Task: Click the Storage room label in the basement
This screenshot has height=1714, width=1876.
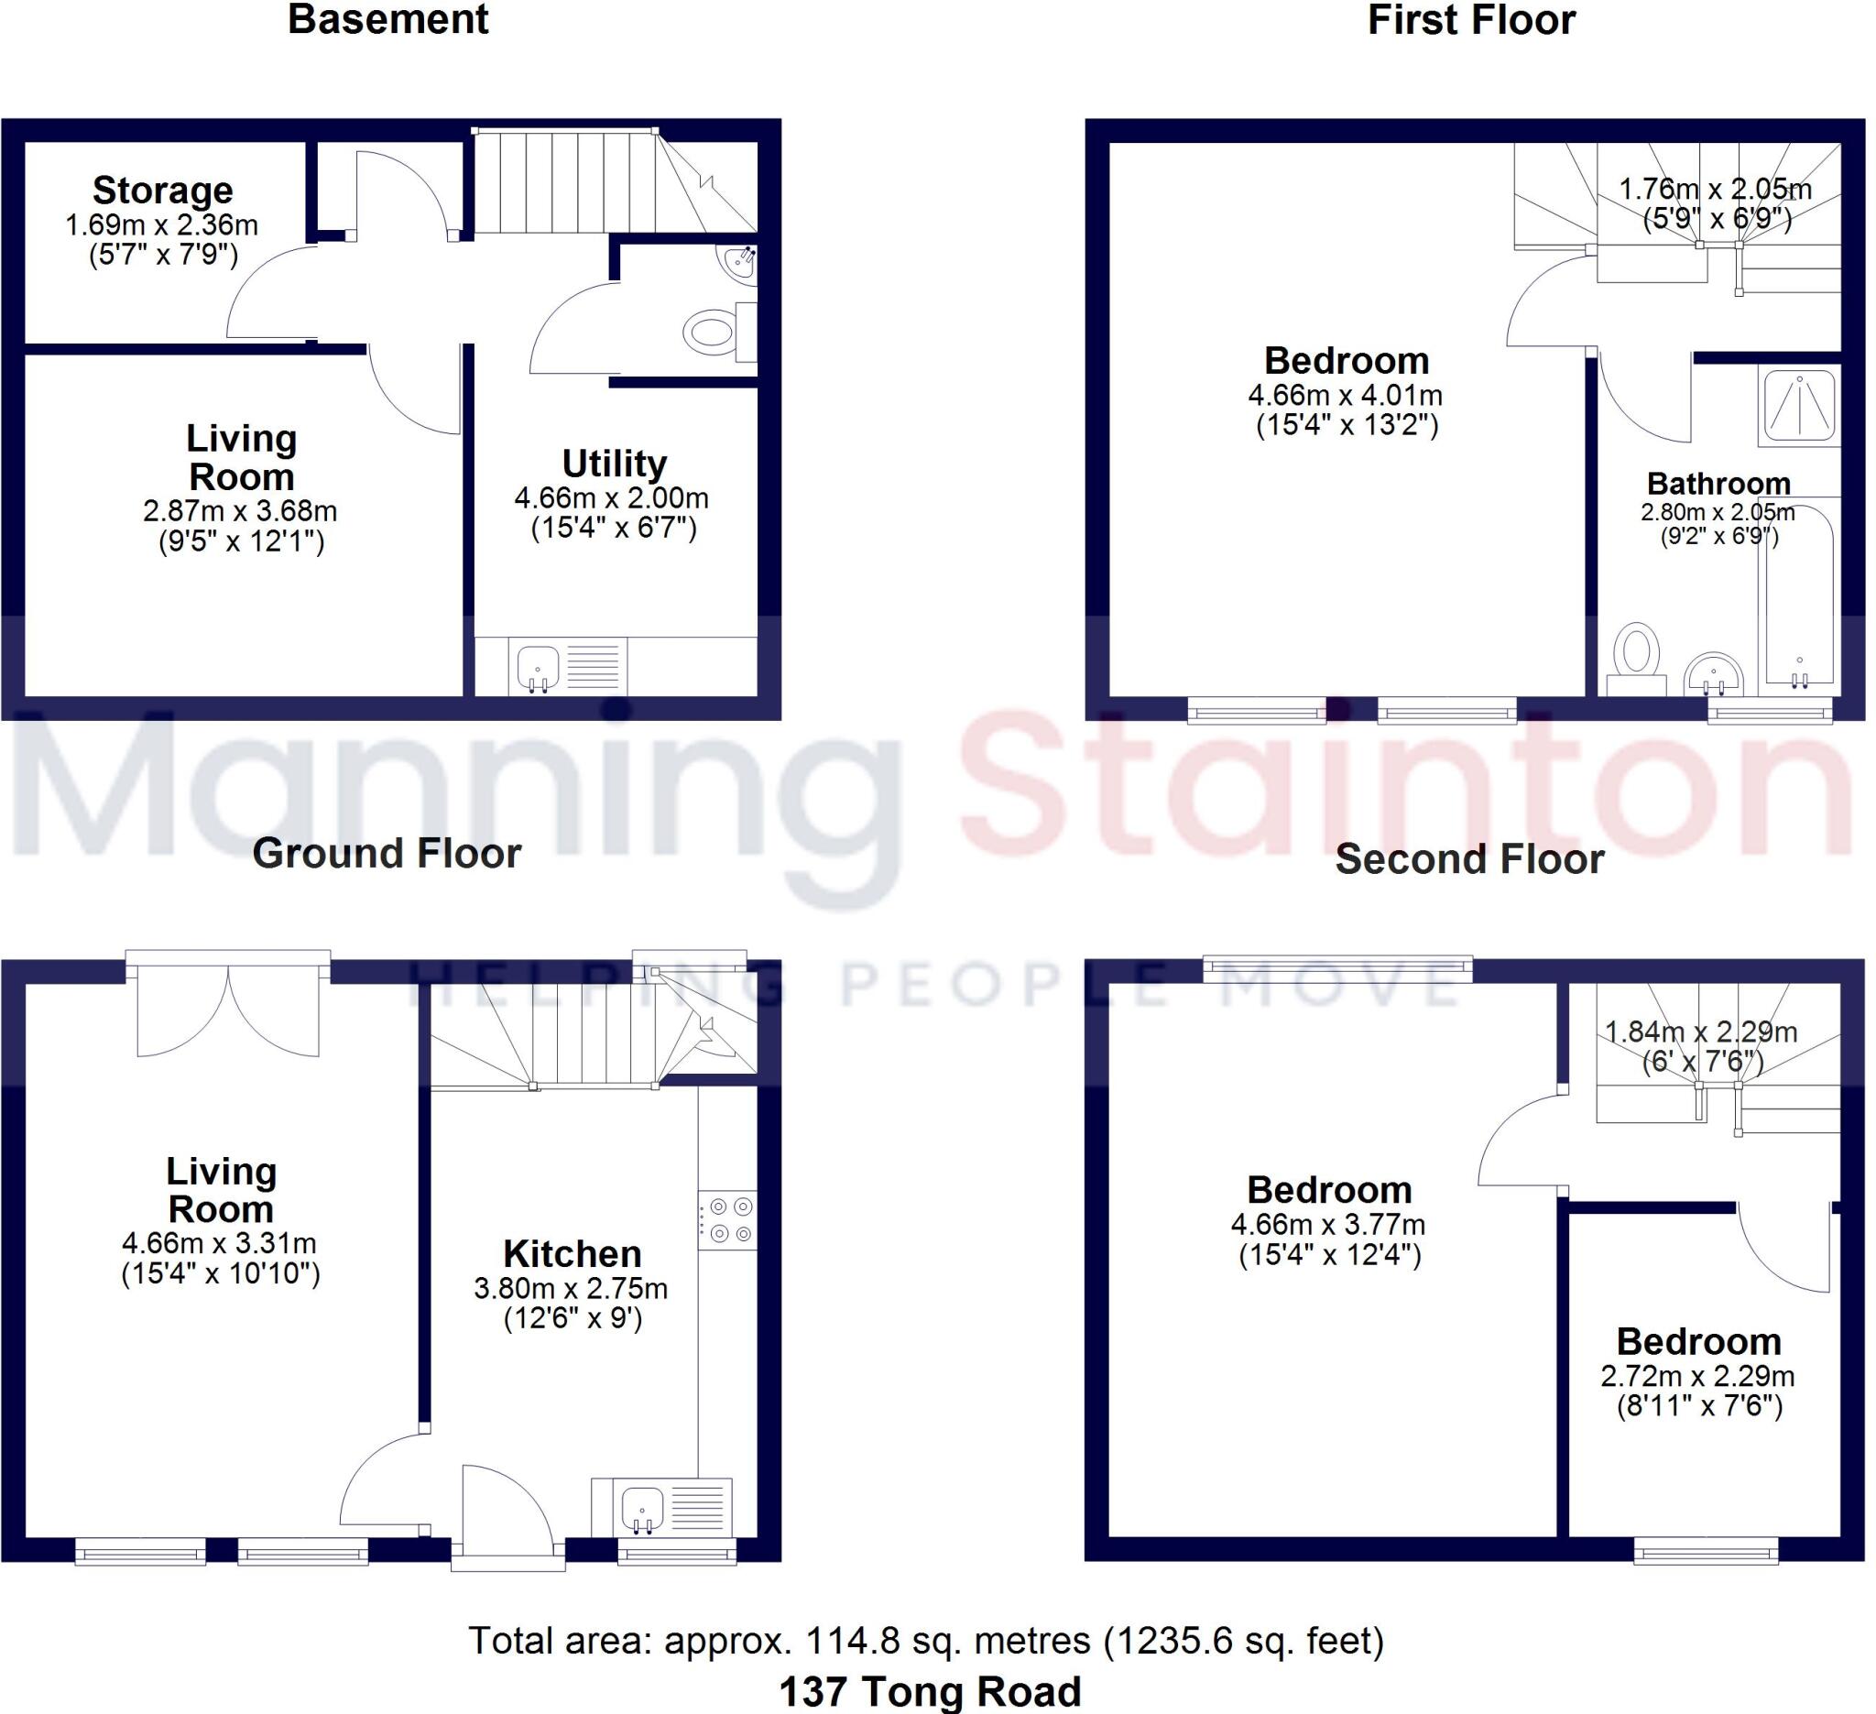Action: point(163,190)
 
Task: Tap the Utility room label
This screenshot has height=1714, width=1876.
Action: point(614,463)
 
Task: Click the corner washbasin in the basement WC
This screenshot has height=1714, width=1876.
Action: point(740,263)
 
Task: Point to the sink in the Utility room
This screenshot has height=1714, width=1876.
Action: point(538,667)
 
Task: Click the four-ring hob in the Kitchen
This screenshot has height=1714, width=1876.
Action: point(729,1220)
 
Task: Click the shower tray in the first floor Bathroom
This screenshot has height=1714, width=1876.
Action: point(1799,406)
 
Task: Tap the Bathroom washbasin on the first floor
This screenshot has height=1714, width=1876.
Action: point(1713,673)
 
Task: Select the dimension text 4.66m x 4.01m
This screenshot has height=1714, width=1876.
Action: point(1346,396)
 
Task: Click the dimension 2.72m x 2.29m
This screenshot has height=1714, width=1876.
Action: point(1697,1375)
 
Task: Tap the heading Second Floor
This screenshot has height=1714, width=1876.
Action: point(1469,859)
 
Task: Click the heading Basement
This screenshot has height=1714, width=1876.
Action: point(388,19)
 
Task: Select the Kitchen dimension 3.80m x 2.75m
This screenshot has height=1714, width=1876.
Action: point(571,1289)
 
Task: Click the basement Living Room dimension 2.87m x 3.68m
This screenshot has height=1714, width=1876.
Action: point(240,511)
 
